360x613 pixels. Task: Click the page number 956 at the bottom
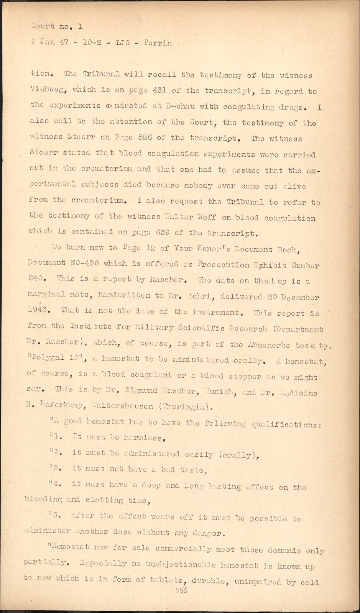pos(181,590)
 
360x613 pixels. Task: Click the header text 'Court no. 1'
pos(57,27)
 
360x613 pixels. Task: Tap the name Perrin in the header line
pos(158,43)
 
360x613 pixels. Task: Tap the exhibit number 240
pos(37,279)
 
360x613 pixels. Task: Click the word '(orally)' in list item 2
pos(238,455)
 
